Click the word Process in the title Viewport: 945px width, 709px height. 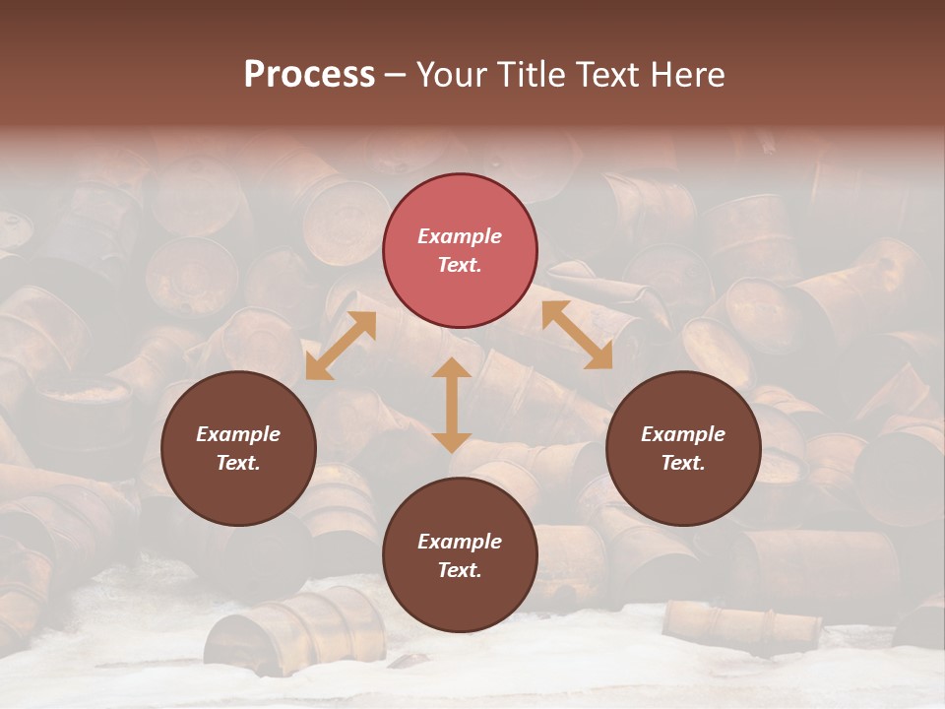click(x=309, y=75)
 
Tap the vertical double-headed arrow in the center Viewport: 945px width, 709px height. click(x=452, y=405)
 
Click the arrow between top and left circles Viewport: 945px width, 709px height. click(x=341, y=346)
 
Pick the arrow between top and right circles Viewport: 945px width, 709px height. click(x=577, y=335)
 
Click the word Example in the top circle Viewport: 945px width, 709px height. click(x=460, y=236)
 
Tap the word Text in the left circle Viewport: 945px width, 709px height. click(x=238, y=463)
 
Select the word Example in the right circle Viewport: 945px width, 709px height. click(x=683, y=434)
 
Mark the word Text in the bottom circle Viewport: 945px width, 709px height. click(x=460, y=570)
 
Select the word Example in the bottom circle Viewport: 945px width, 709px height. click(x=460, y=542)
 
